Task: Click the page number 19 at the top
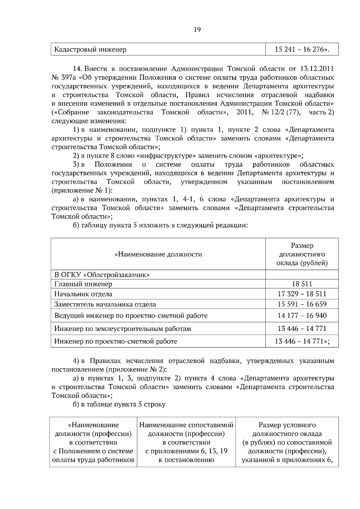(197, 29)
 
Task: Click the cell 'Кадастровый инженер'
(90, 49)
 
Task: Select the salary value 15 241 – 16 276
(302, 49)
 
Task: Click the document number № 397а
(64, 78)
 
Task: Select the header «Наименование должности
(158, 255)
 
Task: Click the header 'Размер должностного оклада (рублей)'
(302, 255)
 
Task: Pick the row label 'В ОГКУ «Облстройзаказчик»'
(102, 275)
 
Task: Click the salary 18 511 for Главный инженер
(302, 284)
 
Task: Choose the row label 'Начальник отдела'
(83, 294)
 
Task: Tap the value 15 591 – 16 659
(302, 304)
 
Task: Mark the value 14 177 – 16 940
(302, 316)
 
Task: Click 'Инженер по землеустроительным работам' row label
(122, 329)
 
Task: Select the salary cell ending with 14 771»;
(302, 341)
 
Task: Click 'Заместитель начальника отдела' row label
(105, 304)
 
